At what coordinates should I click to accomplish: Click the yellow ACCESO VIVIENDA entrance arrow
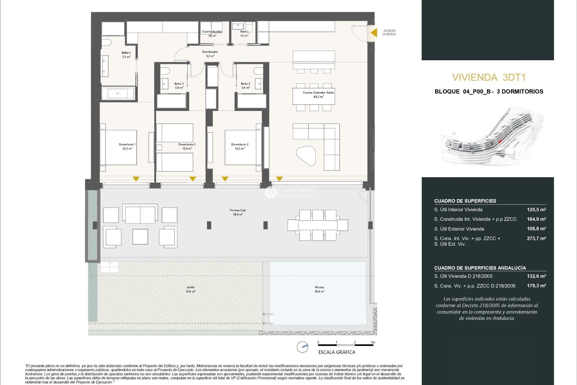374,32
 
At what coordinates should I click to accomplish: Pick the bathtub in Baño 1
118,93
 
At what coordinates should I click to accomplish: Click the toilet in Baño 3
165,71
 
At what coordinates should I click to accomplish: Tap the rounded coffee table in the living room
306,155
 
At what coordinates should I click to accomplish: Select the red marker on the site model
500,141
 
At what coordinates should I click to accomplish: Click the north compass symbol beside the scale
302,347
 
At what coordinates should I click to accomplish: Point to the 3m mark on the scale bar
373,342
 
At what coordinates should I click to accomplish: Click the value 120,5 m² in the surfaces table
536,210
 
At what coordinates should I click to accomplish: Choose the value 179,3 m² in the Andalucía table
536,286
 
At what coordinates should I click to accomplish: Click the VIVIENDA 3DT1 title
489,77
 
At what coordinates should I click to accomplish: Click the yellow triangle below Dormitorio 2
225,179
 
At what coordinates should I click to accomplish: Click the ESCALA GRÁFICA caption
337,352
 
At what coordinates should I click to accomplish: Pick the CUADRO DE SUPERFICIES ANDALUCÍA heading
480,268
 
